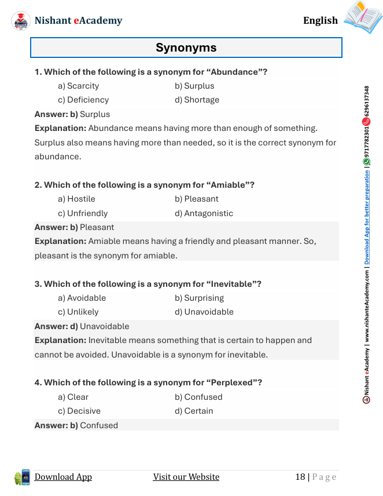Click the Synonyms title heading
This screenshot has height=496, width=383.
(186, 48)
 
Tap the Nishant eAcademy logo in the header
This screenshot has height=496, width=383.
(21, 21)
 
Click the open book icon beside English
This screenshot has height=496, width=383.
(362, 17)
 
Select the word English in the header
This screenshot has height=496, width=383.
(320, 21)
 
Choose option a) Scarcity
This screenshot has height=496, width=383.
(78, 86)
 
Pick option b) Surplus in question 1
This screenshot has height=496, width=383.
(194, 86)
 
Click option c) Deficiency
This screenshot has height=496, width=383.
(83, 100)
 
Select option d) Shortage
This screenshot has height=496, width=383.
(197, 100)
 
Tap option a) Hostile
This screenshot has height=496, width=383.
(76, 199)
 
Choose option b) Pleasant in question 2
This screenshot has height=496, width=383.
(197, 199)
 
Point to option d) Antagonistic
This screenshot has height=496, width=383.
(204, 213)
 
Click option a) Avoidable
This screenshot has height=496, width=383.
(82, 298)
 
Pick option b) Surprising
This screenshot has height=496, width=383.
(199, 298)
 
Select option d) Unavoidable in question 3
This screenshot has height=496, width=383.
(204, 312)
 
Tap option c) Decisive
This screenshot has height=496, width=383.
(79, 411)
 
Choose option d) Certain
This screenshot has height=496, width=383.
(194, 411)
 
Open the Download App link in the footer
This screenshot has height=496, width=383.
(63, 477)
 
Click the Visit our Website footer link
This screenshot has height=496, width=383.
(186, 477)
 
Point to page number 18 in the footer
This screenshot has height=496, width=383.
(300, 477)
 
